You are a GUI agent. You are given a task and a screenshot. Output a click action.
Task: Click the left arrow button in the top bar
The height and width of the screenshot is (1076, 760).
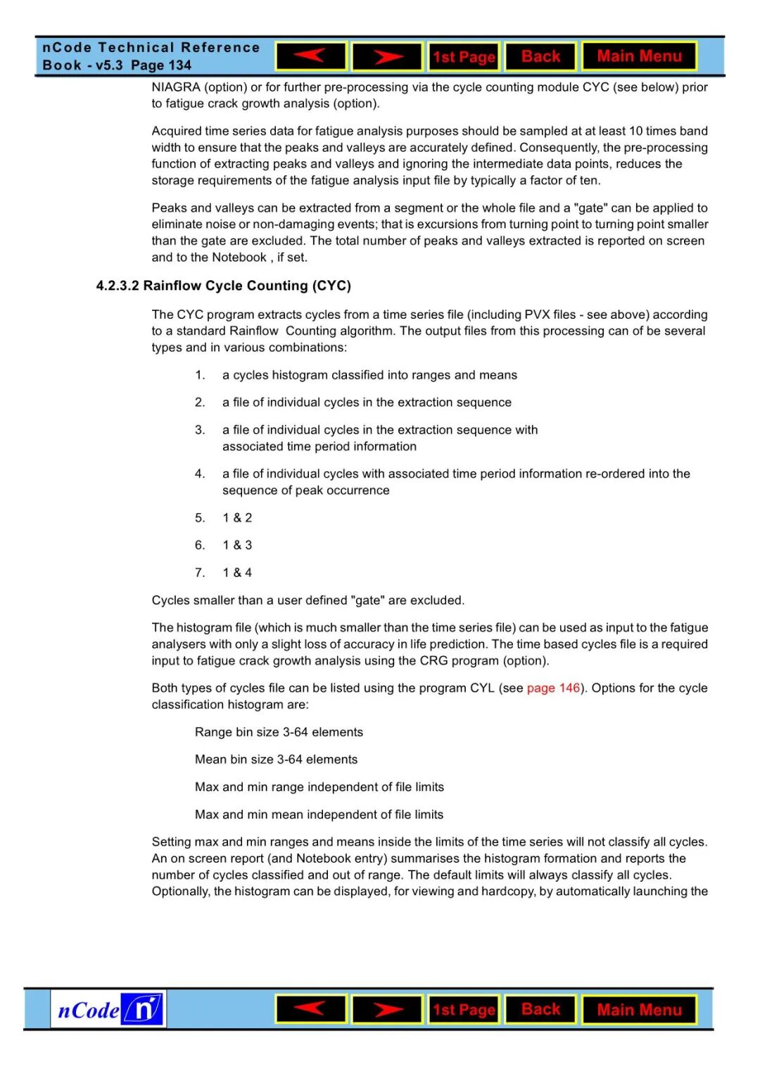point(311,56)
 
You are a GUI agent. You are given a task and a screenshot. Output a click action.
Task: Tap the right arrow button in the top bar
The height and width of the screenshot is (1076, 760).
point(387,56)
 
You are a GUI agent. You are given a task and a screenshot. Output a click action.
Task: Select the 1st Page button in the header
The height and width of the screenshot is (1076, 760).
point(464,57)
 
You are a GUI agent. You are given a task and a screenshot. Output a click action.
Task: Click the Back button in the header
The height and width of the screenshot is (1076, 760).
point(540,56)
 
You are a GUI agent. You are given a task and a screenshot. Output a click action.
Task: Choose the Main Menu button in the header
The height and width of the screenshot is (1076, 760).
point(639,56)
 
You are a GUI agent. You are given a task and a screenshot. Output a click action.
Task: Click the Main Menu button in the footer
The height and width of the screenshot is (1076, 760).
point(639,1010)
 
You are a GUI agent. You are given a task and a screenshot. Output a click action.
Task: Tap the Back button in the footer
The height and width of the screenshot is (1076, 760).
point(540,1009)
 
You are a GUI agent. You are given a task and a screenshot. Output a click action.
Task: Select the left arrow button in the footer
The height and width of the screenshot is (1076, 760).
point(311,1009)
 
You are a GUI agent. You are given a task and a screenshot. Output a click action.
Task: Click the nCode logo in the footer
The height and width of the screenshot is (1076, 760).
point(108,1010)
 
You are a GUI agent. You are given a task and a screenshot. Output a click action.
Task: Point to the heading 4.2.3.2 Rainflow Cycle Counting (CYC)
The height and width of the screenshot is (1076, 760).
point(223,286)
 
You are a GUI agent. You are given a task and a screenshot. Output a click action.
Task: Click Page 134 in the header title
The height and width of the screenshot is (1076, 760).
point(161,65)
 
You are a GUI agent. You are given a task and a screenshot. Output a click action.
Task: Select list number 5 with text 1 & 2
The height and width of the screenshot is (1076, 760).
point(237,518)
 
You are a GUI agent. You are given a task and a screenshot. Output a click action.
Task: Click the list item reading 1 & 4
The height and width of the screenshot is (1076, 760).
point(237,573)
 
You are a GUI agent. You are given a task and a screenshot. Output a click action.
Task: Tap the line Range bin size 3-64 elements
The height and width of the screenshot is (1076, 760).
point(279,732)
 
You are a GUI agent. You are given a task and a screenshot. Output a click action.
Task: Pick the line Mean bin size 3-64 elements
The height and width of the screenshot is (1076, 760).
point(276,759)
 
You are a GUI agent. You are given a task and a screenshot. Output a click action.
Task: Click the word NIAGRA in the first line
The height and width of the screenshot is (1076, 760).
point(175,87)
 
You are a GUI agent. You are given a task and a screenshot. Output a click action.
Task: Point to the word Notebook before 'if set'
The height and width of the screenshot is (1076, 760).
point(239,258)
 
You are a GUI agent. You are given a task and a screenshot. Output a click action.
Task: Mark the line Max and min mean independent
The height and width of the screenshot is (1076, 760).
point(319,814)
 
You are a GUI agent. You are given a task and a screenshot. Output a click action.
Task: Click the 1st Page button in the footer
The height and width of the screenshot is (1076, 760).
point(464,1010)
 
